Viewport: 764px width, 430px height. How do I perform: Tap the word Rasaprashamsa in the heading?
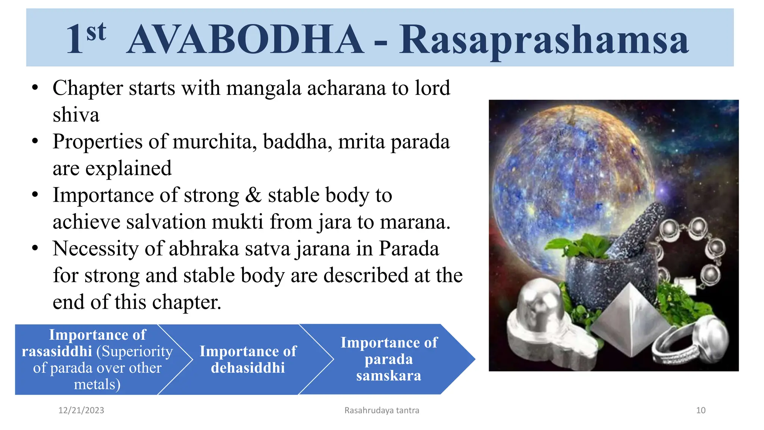point(544,40)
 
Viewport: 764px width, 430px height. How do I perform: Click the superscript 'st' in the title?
point(96,31)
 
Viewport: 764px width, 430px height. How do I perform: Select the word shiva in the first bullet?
point(76,115)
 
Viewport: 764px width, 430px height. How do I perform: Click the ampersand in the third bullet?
point(253,195)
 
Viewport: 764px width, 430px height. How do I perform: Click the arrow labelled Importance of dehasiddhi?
point(248,359)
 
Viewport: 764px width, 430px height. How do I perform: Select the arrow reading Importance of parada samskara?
point(389,359)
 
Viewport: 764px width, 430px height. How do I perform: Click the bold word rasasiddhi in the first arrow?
point(57,351)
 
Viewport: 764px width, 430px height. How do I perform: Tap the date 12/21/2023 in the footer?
point(81,410)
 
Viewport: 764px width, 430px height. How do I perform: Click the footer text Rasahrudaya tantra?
point(382,410)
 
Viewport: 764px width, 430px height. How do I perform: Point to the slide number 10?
point(701,410)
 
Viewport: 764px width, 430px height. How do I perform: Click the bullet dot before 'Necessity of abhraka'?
point(35,249)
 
